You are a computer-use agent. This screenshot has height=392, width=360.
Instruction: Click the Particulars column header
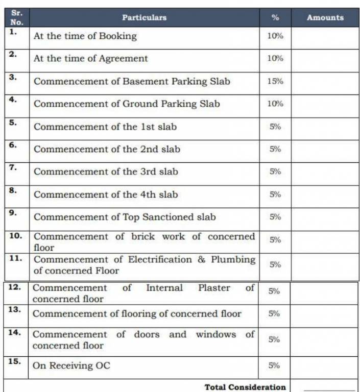pos(144,17)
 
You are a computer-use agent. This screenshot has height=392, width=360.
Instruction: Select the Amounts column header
pos(325,17)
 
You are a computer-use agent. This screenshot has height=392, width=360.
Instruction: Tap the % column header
pos(275,17)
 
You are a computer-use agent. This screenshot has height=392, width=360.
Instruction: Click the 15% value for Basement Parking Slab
pos(275,81)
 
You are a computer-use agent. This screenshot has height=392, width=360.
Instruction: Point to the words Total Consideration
pos(245,387)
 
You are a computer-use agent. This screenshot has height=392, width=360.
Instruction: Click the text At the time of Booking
pos(85,36)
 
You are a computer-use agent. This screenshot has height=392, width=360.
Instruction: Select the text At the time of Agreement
pos(90,59)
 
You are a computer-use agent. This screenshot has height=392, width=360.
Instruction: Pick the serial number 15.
pos(15,361)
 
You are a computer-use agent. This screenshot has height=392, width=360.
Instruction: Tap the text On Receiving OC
pos(71,365)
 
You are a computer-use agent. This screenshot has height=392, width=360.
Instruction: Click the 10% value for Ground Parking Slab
pos(275,104)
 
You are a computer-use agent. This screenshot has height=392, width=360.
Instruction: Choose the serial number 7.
pos(13,167)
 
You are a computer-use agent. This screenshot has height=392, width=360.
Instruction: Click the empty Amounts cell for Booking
pos(325,37)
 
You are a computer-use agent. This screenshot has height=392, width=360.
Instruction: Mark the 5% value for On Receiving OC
pos(274,365)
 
